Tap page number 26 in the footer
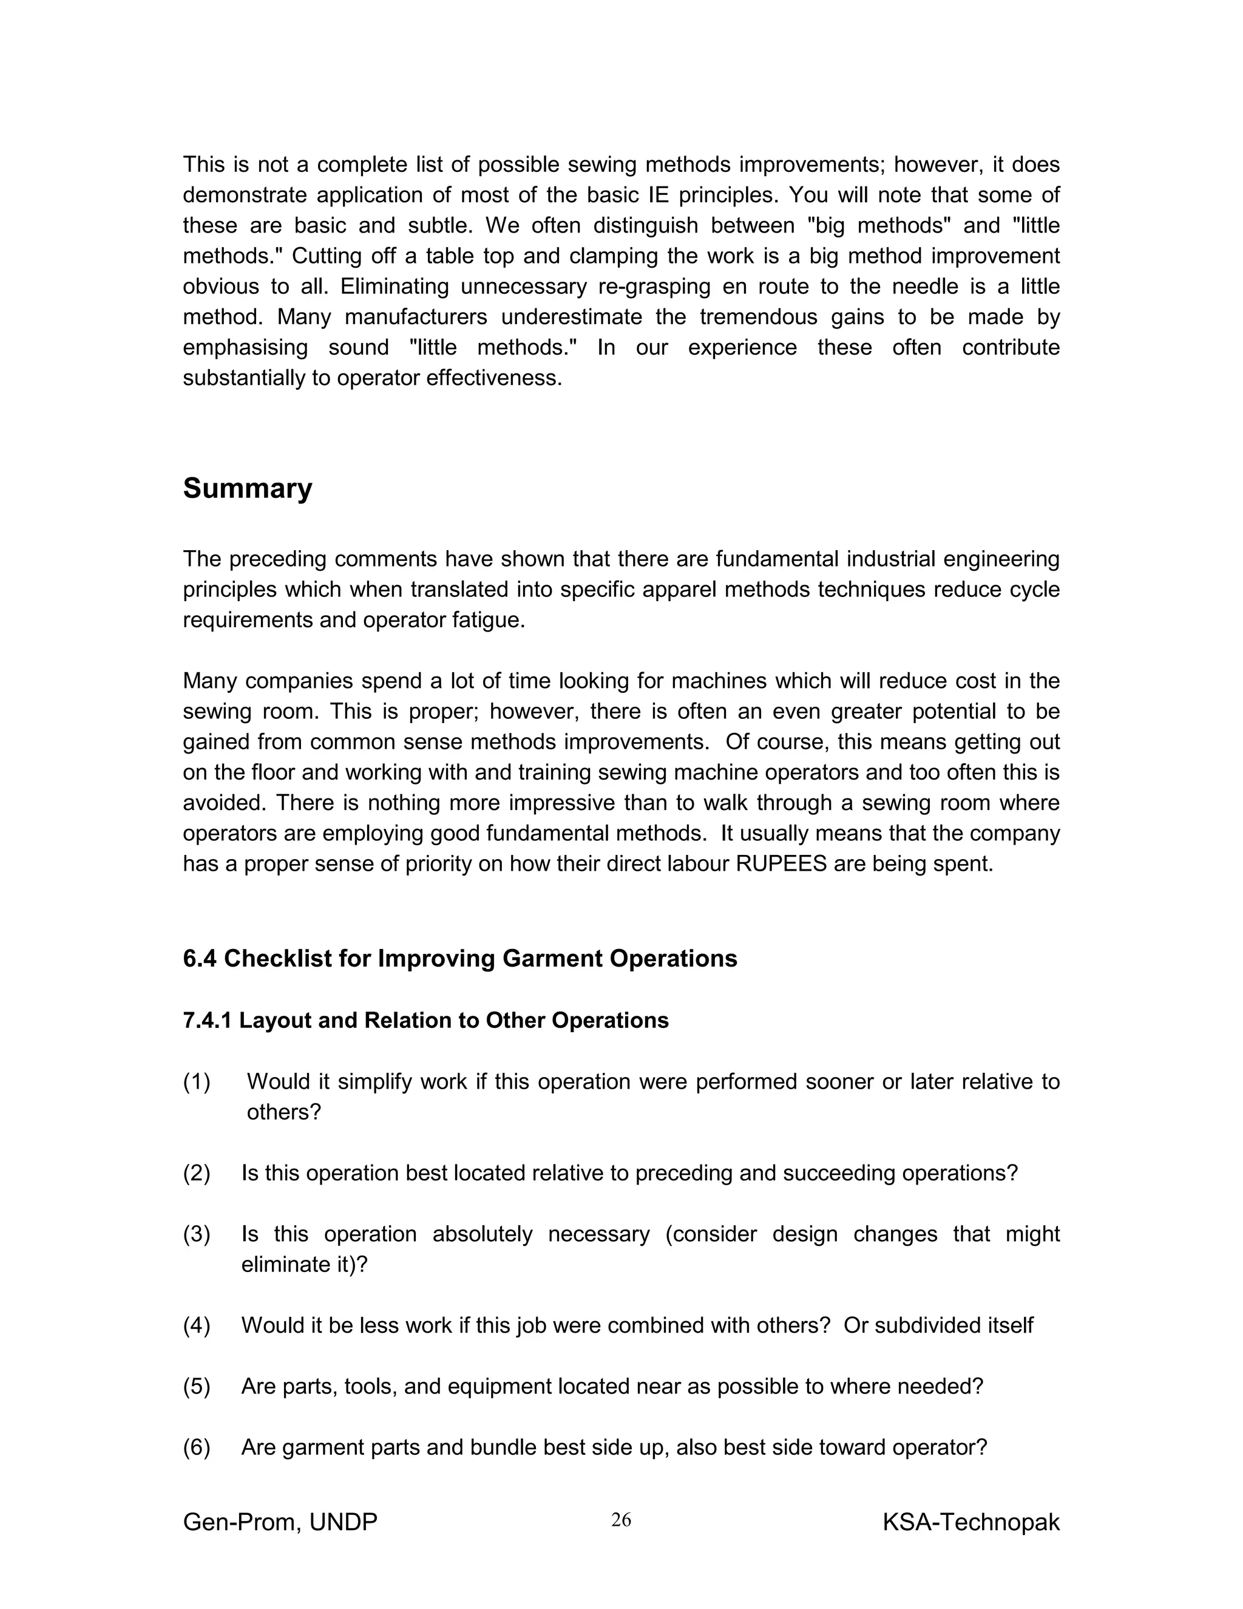(x=621, y=1519)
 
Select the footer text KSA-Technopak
(x=970, y=1522)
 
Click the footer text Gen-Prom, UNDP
(x=280, y=1522)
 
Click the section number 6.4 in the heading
(x=200, y=959)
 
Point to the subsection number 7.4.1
(x=207, y=1021)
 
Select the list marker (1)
(x=197, y=1081)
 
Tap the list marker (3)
(x=197, y=1234)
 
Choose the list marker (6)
(x=197, y=1447)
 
